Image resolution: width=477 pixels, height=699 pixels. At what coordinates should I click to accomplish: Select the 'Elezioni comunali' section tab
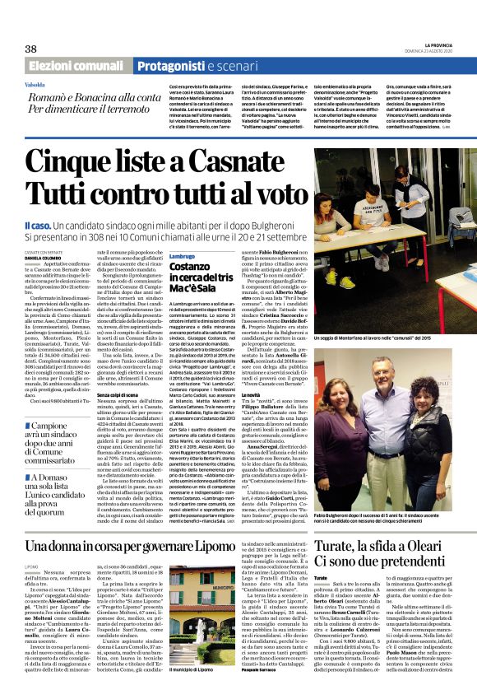[x=77, y=66]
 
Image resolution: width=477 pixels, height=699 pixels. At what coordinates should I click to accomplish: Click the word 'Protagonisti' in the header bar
[x=169, y=66]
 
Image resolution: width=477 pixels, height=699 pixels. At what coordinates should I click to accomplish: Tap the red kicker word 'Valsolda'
[x=35, y=85]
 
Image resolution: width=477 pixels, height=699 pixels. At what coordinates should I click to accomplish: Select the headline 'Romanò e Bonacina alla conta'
[x=91, y=96]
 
